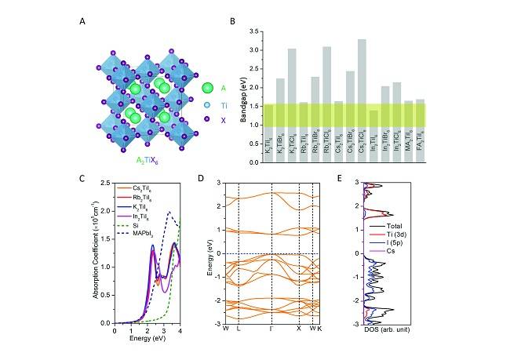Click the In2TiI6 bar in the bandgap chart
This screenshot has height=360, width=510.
pos(373,136)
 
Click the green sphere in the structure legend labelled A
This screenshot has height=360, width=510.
pos(207,89)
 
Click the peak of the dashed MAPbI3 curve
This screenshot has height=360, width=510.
pos(168,212)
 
